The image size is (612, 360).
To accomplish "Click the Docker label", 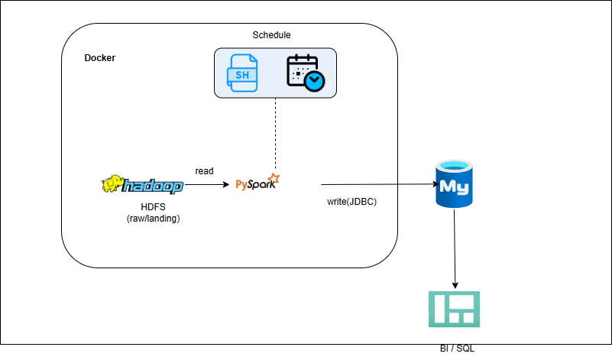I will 99,59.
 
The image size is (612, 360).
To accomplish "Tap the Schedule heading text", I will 271,35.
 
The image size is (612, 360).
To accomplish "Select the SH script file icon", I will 242,73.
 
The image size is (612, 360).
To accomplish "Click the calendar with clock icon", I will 305,73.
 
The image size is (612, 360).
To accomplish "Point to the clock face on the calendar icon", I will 313,80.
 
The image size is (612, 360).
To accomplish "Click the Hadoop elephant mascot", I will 112,185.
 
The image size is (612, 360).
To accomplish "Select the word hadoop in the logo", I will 153,186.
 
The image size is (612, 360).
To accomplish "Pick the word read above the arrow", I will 204,171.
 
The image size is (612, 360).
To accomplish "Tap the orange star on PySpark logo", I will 274,179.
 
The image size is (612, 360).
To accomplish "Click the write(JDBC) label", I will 351,202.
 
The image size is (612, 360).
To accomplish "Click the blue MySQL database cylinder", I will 455,184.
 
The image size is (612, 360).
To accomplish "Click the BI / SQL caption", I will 456,349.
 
